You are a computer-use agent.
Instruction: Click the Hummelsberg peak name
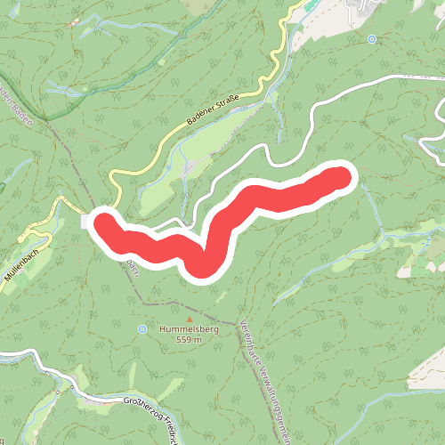tap(188, 329)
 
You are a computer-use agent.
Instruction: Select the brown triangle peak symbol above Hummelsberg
tap(188, 317)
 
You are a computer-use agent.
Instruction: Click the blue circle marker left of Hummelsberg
tap(142, 329)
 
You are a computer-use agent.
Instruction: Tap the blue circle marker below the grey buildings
tap(371, 39)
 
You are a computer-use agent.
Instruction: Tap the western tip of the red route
tap(105, 222)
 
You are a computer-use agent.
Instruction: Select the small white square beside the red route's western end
tap(86, 221)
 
